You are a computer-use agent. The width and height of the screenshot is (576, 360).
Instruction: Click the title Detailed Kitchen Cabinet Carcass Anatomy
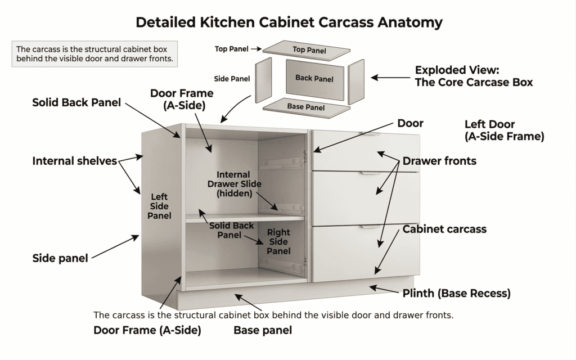coord(289,22)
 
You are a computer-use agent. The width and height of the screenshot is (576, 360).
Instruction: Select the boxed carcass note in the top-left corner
coord(94,53)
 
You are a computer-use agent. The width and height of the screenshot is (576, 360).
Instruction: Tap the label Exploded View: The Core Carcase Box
coord(474,76)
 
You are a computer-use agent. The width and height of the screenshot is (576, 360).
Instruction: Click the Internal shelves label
coord(74,161)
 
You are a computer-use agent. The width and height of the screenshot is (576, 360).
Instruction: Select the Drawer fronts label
coord(439,161)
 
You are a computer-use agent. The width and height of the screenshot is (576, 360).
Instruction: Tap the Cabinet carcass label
coord(444,229)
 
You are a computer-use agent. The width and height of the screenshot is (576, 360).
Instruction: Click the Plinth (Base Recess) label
coord(456,293)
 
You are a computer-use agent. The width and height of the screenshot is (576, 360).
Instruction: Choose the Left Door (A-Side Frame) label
coord(504,130)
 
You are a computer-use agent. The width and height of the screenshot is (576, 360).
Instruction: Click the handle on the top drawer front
coord(370,135)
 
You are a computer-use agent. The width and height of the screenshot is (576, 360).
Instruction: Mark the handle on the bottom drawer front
coord(370,228)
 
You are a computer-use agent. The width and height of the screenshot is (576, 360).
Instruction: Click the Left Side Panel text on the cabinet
coord(159,206)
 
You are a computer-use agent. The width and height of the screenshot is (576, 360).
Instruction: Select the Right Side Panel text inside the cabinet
coord(278,241)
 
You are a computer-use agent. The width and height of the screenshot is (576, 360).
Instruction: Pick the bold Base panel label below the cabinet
coord(263,331)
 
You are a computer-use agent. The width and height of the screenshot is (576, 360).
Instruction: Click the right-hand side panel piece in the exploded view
coord(357,83)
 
